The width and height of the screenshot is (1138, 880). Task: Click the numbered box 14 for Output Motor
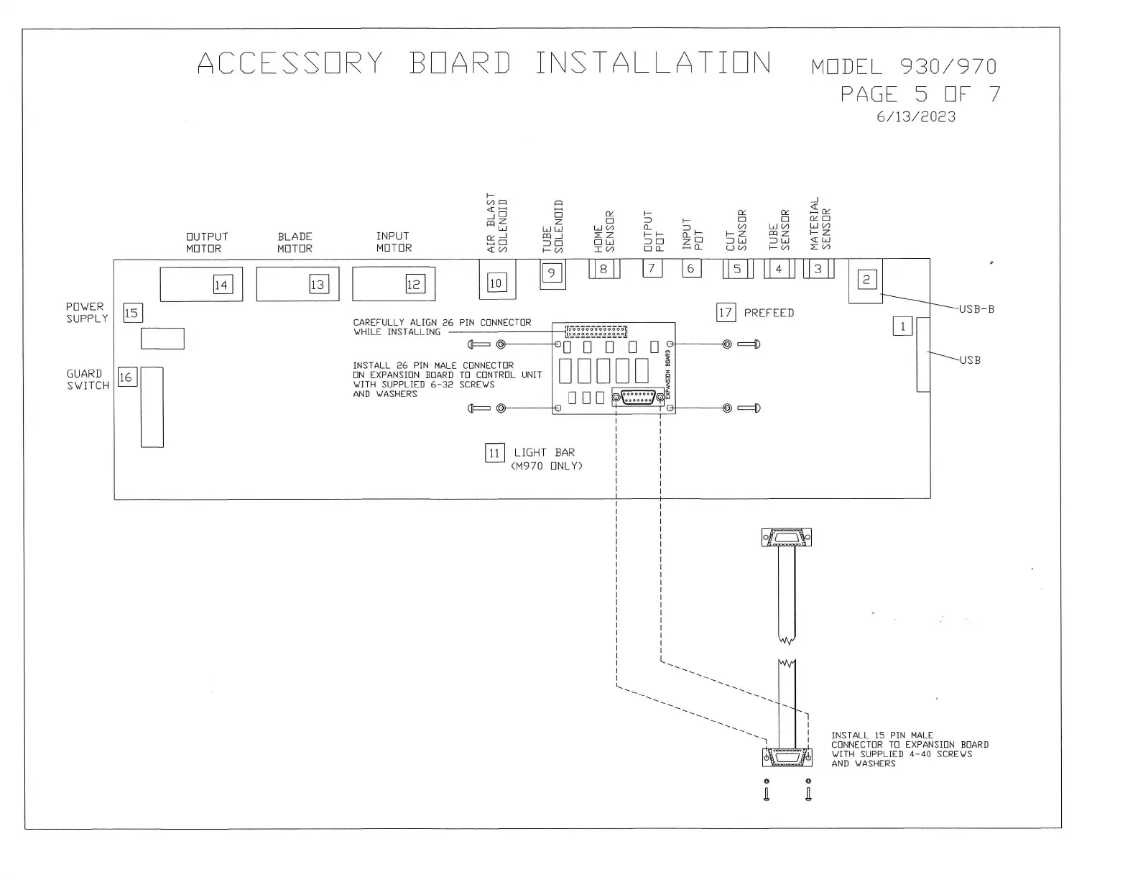pyautogui.click(x=221, y=285)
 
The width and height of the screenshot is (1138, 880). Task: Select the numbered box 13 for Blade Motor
pyautogui.click(x=318, y=285)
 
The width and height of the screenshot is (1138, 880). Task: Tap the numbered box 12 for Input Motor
pyautogui.click(x=414, y=284)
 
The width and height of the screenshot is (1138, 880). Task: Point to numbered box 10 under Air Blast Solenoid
pyautogui.click(x=496, y=283)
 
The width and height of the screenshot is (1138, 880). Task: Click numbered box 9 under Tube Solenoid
pyautogui.click(x=552, y=273)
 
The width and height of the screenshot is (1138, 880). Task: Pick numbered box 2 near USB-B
pyautogui.click(x=866, y=280)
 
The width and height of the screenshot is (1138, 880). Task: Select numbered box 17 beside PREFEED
pyautogui.click(x=726, y=313)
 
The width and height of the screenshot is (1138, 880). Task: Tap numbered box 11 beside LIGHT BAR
pyautogui.click(x=494, y=453)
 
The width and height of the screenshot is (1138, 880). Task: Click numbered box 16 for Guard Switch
pyautogui.click(x=126, y=377)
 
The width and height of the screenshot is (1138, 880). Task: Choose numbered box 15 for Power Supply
pyautogui.click(x=132, y=313)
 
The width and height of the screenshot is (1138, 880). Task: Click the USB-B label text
pyautogui.click(x=976, y=309)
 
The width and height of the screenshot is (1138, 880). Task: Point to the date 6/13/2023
pyautogui.click(x=916, y=117)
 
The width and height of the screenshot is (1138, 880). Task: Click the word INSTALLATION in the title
pyautogui.click(x=653, y=63)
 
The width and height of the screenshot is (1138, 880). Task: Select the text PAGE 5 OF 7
pyautogui.click(x=920, y=94)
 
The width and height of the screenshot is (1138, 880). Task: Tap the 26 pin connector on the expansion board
pyautogui.click(x=596, y=331)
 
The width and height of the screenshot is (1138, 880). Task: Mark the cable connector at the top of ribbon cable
pyautogui.click(x=787, y=538)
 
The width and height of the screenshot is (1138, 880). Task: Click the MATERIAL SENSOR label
pyautogui.click(x=820, y=224)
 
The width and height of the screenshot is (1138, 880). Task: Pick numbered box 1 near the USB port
pyautogui.click(x=902, y=326)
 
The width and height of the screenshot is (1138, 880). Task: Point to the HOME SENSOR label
pyautogui.click(x=604, y=231)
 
